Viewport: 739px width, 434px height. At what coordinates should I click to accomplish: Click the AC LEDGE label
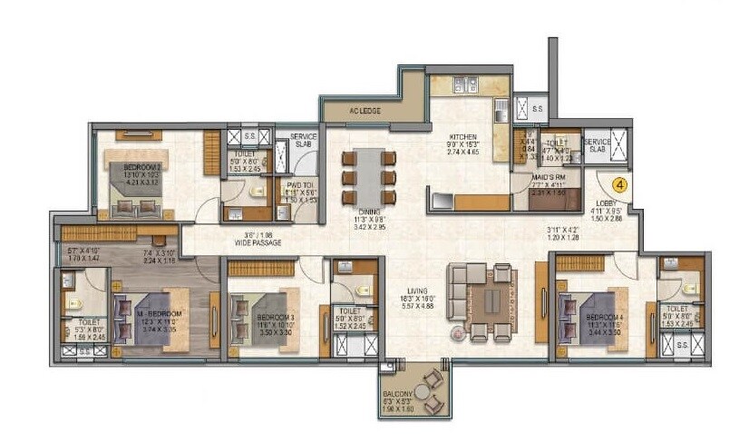[x=365, y=111]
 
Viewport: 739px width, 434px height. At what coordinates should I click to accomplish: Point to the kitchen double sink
[x=463, y=85]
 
